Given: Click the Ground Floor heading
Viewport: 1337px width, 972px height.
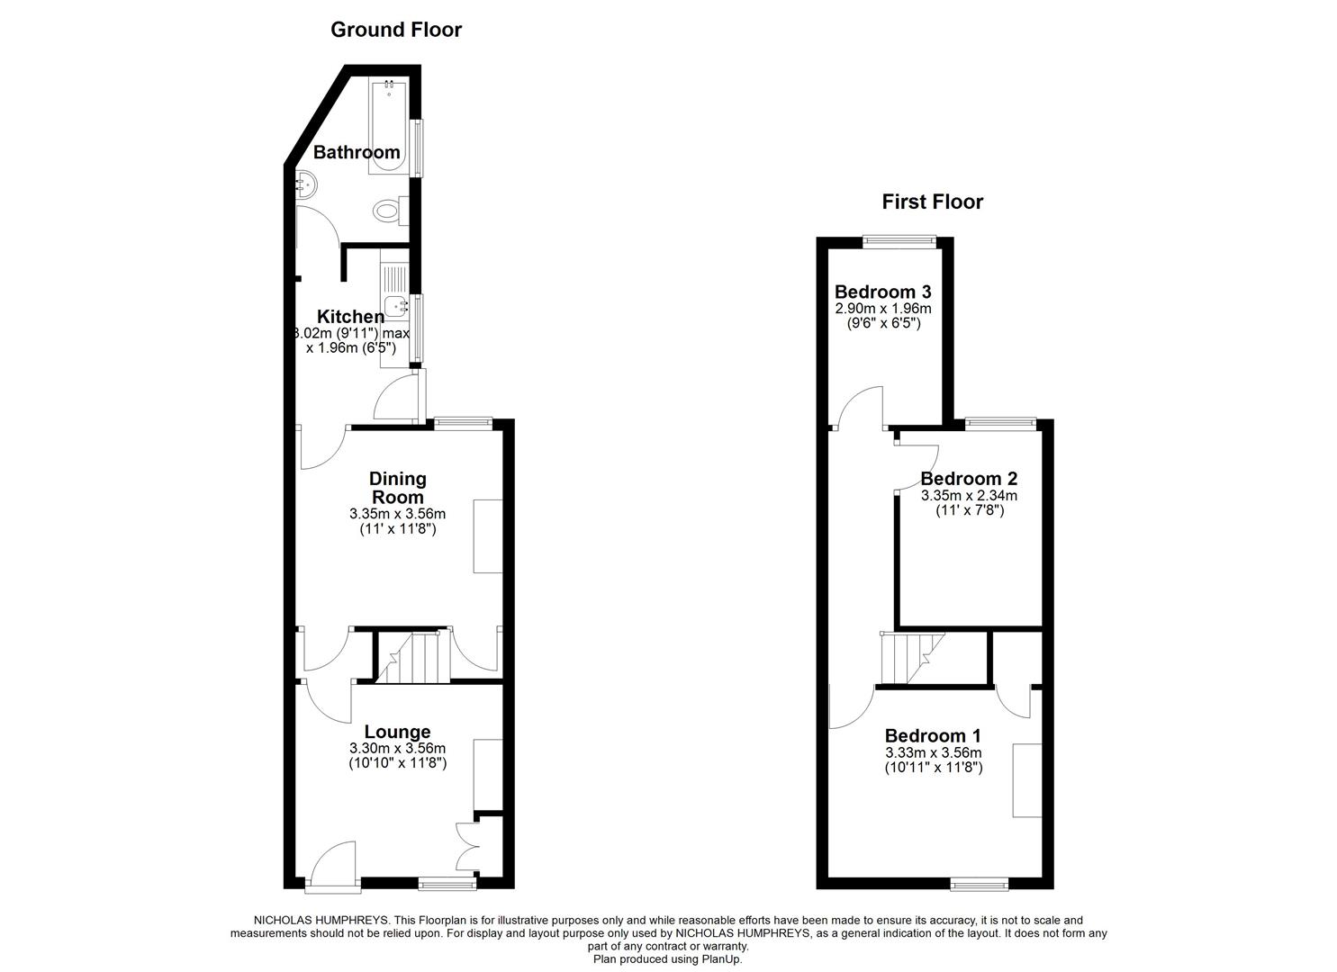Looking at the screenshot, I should point(396,30).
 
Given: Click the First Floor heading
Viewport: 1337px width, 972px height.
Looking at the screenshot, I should point(932,202).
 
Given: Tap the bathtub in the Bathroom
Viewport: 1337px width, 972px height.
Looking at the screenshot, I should point(389,126).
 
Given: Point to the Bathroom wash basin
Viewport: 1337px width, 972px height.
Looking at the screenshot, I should point(305,184).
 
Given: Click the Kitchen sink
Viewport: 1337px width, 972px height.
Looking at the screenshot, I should point(395,306).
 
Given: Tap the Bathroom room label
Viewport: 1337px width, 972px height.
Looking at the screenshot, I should point(357,152).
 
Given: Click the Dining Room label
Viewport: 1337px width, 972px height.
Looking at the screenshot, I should point(398,488).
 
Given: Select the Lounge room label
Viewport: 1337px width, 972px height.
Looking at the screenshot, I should point(397,732).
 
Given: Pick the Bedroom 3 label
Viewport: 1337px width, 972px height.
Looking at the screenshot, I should point(882,292).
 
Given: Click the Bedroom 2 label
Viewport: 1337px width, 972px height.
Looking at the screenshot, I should point(969,479).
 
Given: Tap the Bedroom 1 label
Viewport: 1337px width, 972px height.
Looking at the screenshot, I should point(933,734).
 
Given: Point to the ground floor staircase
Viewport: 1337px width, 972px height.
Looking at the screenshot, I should point(411,657).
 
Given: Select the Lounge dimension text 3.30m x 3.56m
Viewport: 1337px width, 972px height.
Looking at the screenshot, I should point(397,748).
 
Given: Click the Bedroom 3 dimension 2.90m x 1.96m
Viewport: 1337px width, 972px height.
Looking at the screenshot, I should point(882,308).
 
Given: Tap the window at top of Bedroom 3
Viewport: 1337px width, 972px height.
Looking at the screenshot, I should point(899,240).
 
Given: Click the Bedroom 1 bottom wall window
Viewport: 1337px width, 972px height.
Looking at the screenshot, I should point(980,885).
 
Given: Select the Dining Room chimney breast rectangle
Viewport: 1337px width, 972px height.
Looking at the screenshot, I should point(487,535).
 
